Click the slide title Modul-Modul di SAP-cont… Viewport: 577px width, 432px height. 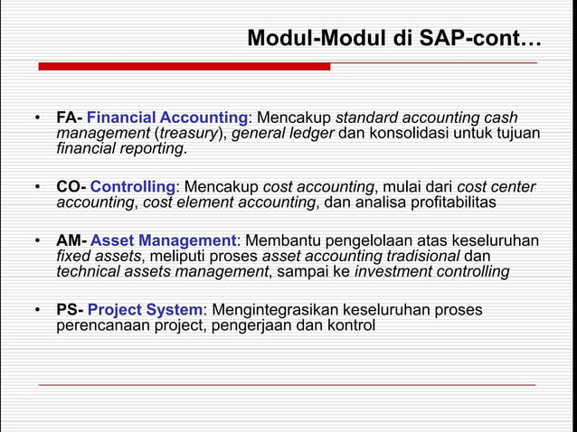[x=393, y=39]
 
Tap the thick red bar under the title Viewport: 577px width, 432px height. [x=184, y=66]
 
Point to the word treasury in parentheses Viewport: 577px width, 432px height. [x=194, y=134]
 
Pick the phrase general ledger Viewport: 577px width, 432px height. [x=283, y=134]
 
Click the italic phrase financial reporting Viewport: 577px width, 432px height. [x=120, y=149]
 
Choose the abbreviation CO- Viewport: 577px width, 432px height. [x=71, y=187]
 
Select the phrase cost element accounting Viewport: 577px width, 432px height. [x=229, y=202]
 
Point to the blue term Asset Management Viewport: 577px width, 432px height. [x=163, y=240]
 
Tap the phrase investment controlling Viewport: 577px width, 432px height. [x=431, y=271]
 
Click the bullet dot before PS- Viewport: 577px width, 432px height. [x=38, y=310]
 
